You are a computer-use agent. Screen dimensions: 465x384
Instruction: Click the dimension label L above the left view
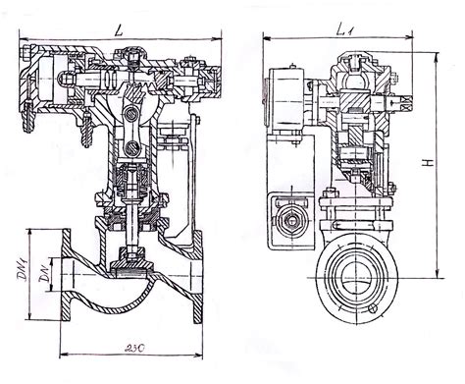click(x=119, y=30)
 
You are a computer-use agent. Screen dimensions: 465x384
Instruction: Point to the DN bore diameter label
click(x=43, y=274)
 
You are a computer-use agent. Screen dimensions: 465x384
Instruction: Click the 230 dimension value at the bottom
click(x=134, y=348)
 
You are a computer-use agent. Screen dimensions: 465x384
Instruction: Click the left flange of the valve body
click(x=66, y=275)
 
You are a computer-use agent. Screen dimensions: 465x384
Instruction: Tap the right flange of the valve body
click(x=197, y=277)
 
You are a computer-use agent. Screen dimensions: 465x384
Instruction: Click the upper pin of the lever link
click(x=132, y=114)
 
